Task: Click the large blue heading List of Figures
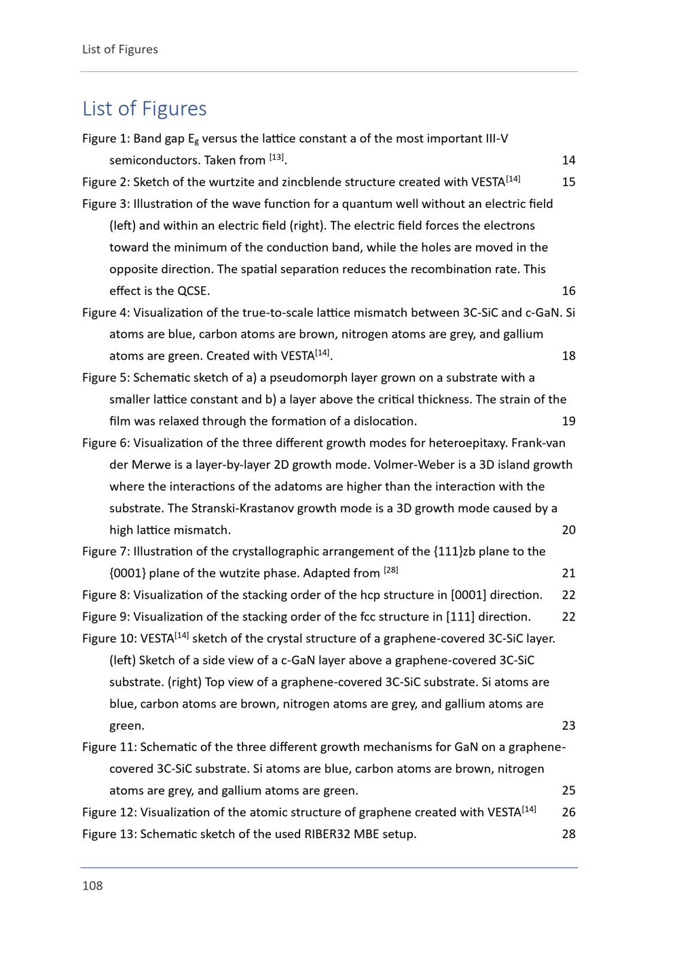coord(145,109)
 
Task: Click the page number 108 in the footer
coord(92,886)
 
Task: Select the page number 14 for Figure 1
coord(568,160)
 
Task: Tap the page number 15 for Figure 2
coord(568,182)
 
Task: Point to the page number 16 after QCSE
coord(568,291)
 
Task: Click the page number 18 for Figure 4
coord(568,356)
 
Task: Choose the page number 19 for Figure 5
coord(568,421)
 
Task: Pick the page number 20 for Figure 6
coord(568,530)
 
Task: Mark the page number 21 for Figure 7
coord(568,574)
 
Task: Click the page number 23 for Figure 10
coord(568,726)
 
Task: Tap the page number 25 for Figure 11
coord(568,790)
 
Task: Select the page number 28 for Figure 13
coord(568,834)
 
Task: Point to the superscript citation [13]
coord(276,158)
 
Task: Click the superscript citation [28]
coord(391,570)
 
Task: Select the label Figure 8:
coord(106,595)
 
